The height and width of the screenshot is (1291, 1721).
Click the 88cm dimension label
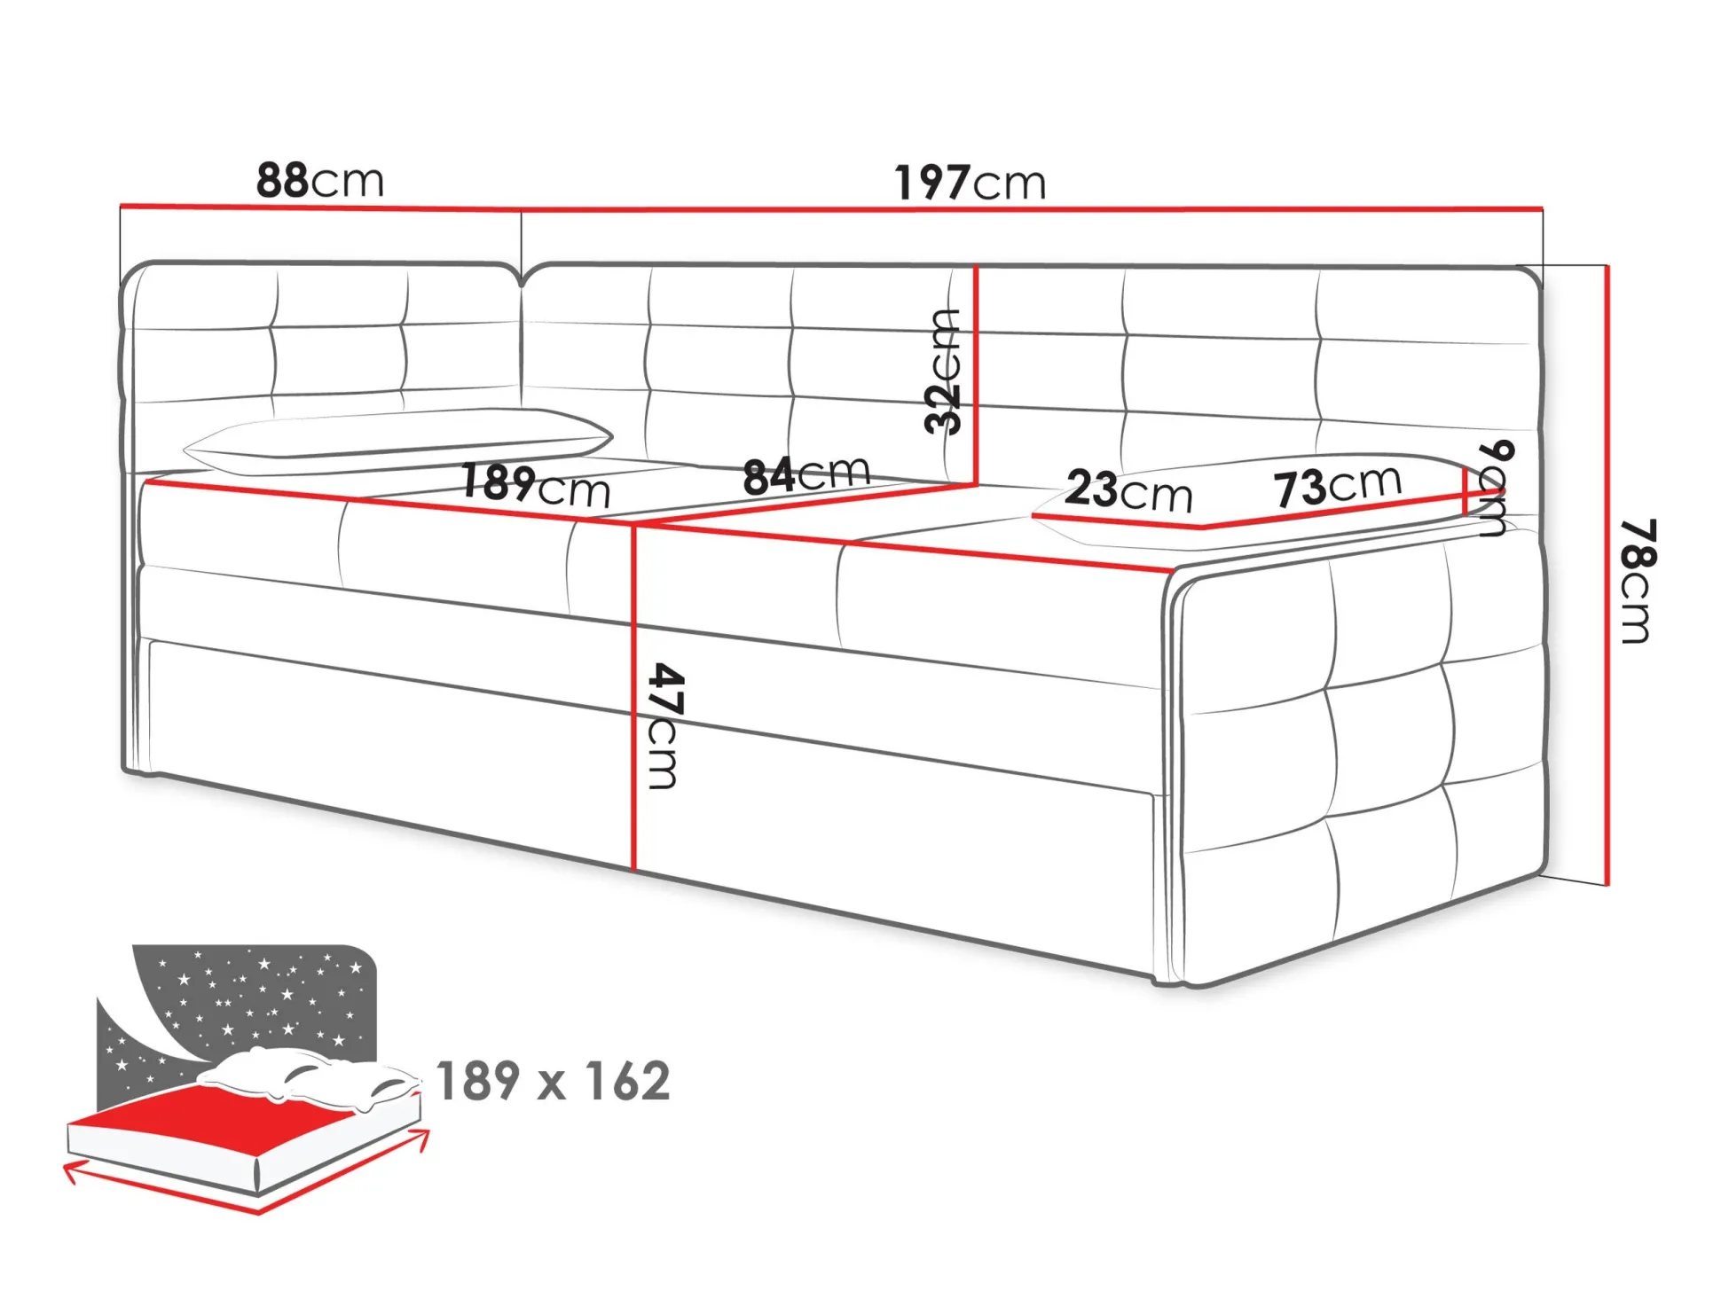click(319, 180)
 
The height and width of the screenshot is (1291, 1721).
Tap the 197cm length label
click(970, 183)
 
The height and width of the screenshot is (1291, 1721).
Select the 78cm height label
click(1637, 581)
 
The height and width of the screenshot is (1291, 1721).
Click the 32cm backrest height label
click(942, 372)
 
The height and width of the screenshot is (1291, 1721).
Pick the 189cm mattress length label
click(536, 487)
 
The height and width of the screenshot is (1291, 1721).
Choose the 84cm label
click(806, 475)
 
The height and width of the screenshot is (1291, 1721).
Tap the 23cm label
click(1128, 490)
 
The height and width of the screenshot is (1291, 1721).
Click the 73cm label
click(1338, 486)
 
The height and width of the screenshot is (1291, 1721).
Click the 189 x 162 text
click(553, 1081)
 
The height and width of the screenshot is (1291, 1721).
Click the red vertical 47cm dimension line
click(634, 698)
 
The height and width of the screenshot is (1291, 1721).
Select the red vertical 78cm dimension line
click(1607, 575)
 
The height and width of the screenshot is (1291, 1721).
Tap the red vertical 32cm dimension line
click(975, 374)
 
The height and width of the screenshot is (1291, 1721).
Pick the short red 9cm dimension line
click(1464, 491)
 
